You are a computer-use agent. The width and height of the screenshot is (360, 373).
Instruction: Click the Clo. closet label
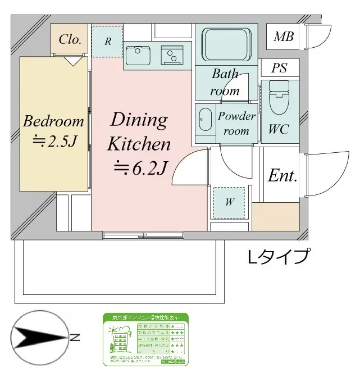[70, 40]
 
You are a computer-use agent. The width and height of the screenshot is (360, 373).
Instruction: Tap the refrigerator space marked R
[107, 40]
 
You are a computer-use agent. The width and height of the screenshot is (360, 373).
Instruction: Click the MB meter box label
[283, 38]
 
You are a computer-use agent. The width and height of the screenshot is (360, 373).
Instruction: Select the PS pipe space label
[279, 69]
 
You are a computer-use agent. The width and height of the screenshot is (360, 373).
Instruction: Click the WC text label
[278, 129]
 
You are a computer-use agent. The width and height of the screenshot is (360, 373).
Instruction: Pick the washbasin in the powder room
[204, 119]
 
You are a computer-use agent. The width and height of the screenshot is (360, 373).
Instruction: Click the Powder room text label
[236, 123]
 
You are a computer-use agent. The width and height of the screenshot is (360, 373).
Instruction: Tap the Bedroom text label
[53, 121]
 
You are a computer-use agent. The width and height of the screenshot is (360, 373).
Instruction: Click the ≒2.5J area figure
[53, 140]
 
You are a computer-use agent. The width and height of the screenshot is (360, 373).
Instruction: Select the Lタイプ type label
[278, 257]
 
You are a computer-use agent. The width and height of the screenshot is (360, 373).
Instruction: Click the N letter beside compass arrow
[75, 338]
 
